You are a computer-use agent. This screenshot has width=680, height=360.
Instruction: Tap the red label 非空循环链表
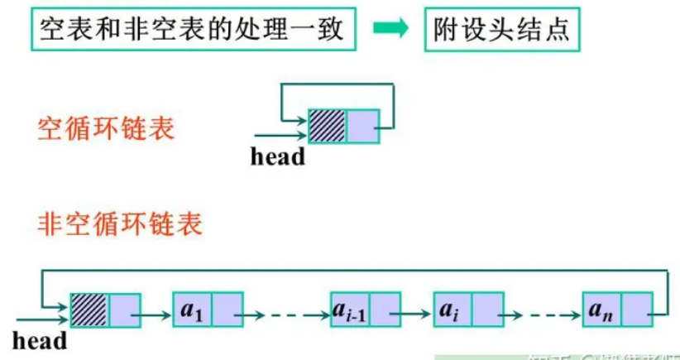(x=120, y=223)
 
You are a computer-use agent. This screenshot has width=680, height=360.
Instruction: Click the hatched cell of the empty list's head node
(x=328, y=126)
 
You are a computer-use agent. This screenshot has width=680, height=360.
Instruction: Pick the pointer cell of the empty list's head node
(x=362, y=126)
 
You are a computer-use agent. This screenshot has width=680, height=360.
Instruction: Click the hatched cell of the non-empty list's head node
(x=89, y=310)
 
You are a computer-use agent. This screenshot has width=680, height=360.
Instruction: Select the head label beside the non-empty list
(x=40, y=339)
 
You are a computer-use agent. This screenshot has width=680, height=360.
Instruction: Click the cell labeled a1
(x=191, y=310)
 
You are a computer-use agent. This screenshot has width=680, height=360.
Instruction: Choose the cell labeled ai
(x=451, y=310)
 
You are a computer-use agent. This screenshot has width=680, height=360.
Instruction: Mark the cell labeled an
(x=601, y=310)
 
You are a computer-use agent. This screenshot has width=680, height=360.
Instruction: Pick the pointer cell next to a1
(x=227, y=310)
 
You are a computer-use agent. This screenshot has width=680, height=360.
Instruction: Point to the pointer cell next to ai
(x=486, y=310)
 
